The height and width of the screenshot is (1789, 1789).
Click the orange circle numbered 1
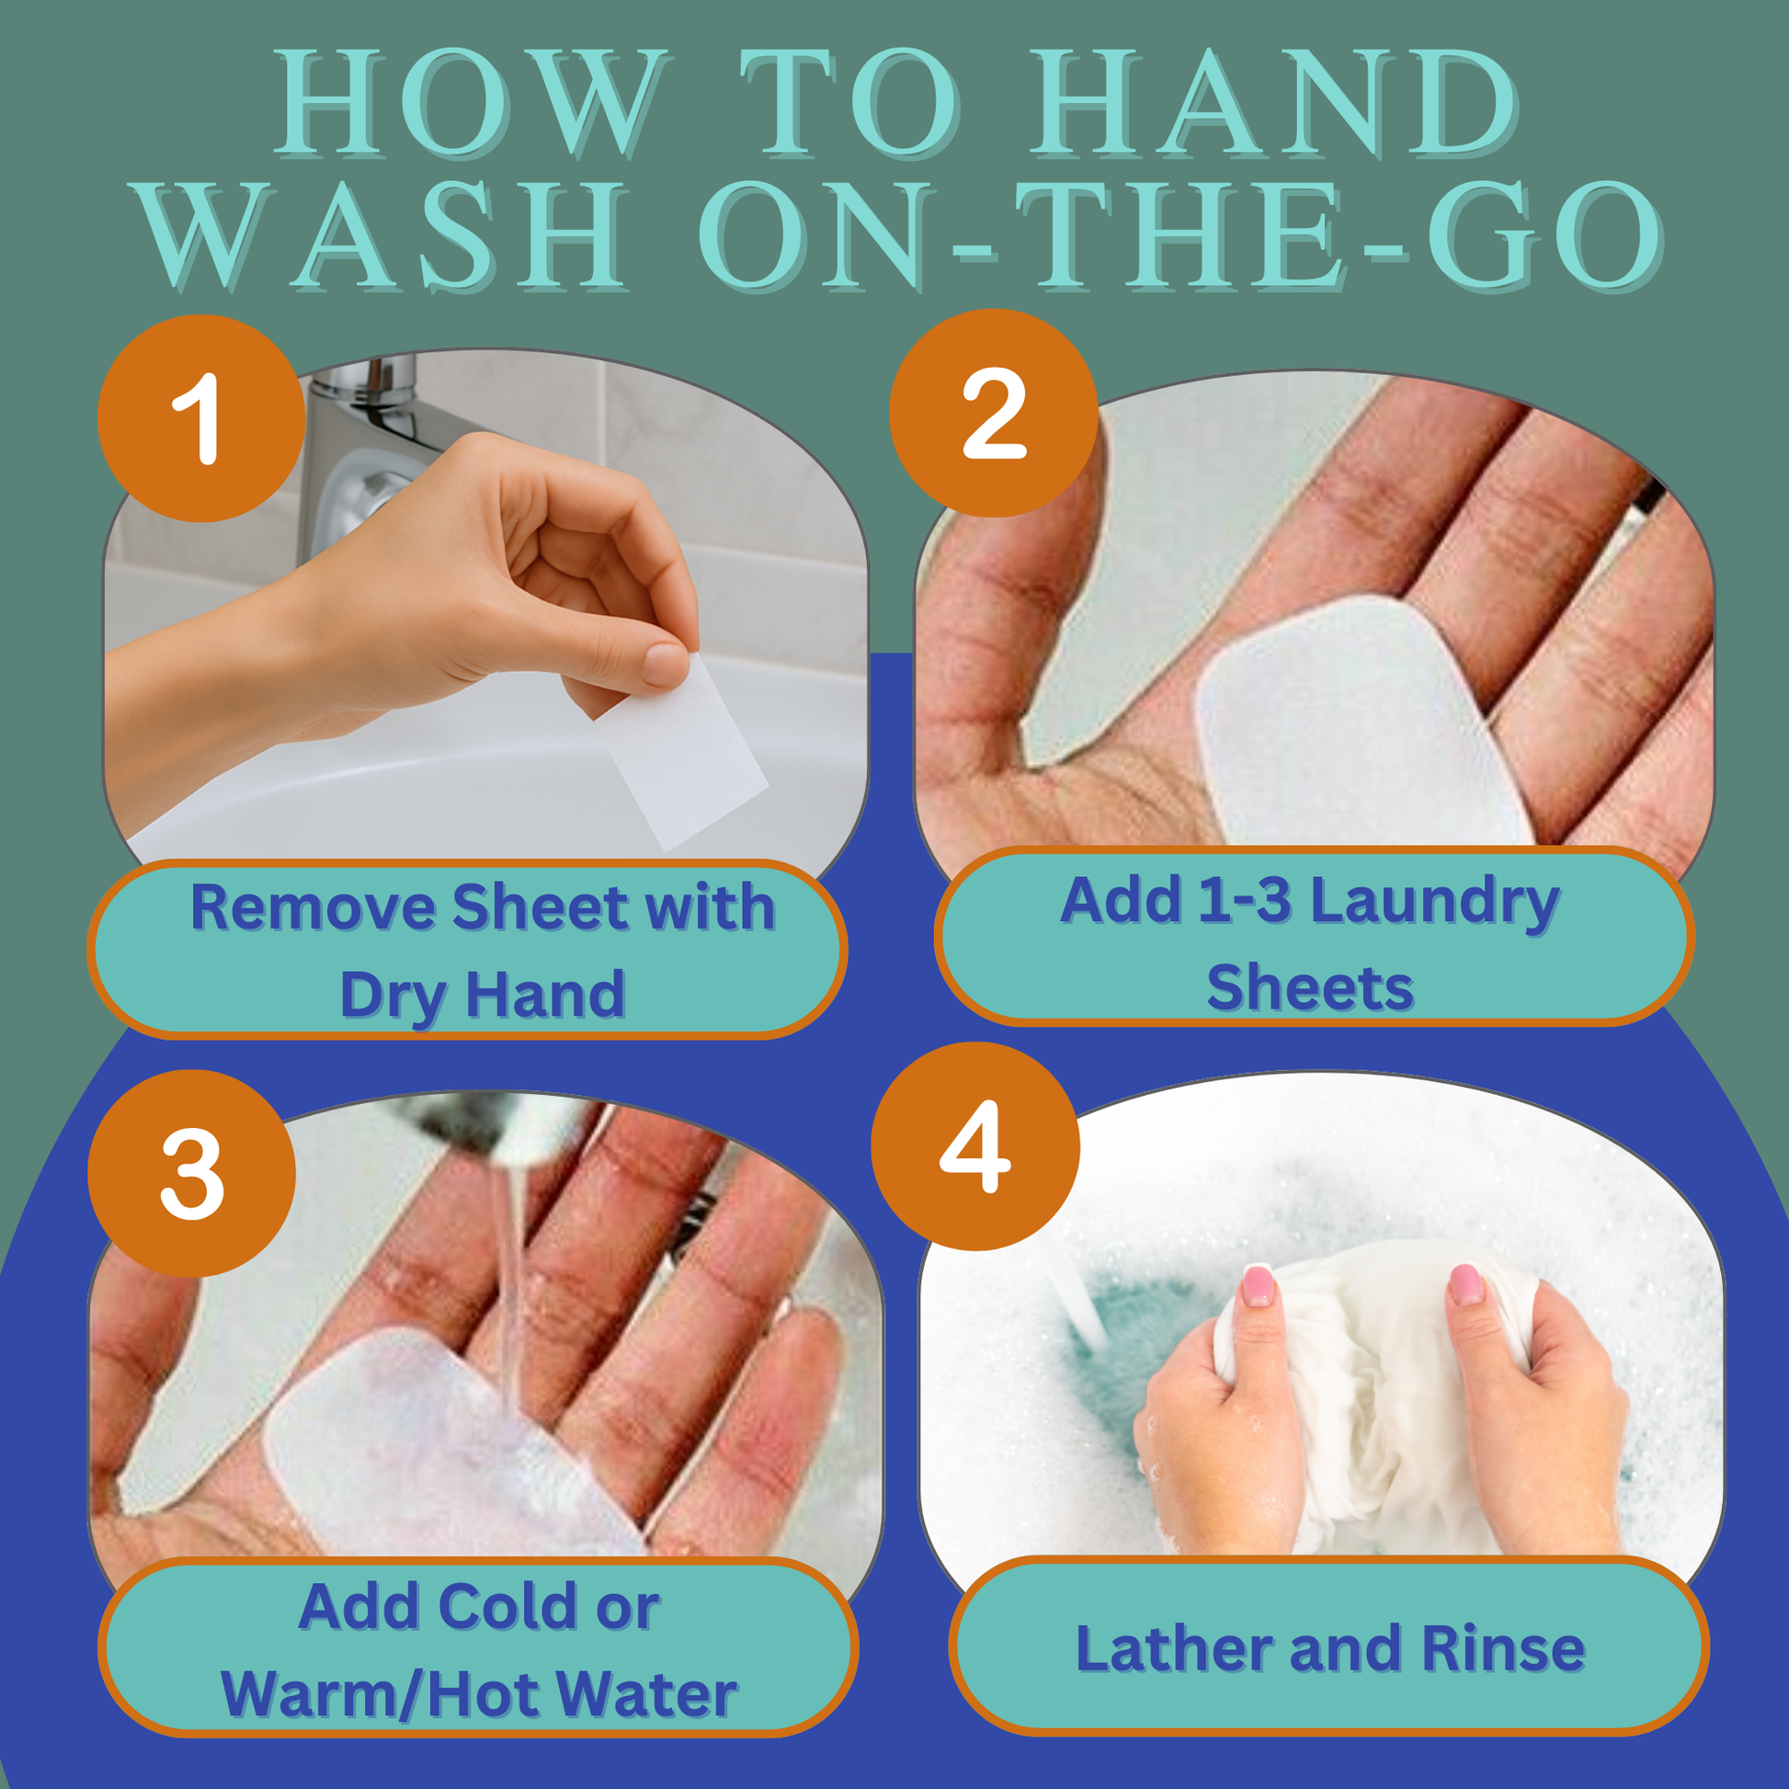pyautogui.click(x=201, y=418)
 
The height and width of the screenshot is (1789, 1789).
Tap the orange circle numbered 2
pyautogui.click(x=994, y=413)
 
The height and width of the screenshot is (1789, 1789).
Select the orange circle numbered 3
pyautogui.click(x=191, y=1174)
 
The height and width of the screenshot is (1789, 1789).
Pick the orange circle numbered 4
pyautogui.click(x=975, y=1146)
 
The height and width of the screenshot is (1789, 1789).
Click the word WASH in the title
pyautogui.click(x=383, y=235)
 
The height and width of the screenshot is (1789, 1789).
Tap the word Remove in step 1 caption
pyautogui.click(x=313, y=907)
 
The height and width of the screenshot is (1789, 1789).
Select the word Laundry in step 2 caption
pyautogui.click(x=1435, y=902)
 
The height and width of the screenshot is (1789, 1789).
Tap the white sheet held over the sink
pyautogui.click(x=680, y=752)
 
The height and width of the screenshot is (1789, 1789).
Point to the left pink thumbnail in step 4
pyautogui.click(x=1259, y=1287)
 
